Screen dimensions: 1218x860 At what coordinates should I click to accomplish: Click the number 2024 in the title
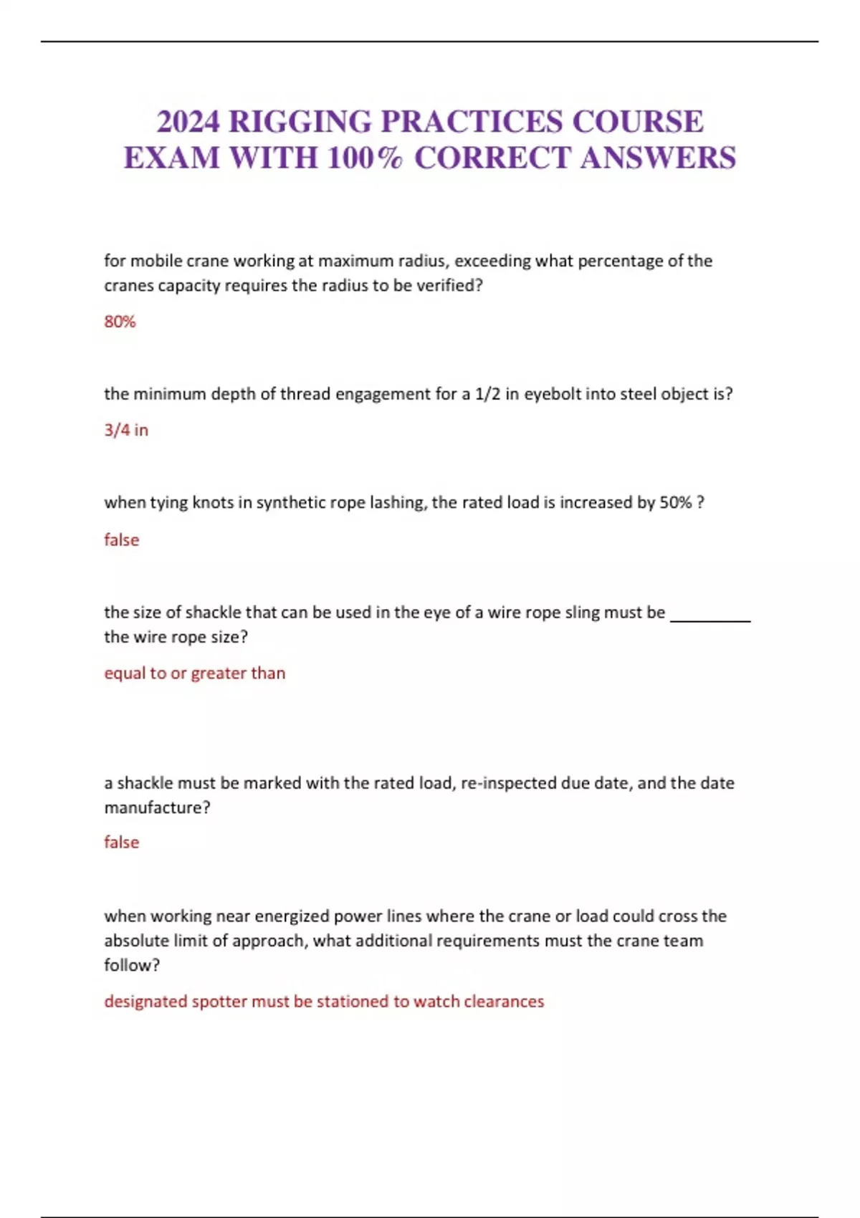pyautogui.click(x=188, y=122)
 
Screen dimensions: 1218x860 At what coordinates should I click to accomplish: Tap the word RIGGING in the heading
pyautogui.click(x=300, y=122)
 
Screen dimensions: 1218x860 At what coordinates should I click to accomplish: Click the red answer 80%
pyautogui.click(x=120, y=322)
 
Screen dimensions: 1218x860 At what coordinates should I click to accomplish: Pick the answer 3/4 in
pyautogui.click(x=126, y=430)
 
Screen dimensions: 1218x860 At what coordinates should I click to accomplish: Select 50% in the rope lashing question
pyautogui.click(x=675, y=503)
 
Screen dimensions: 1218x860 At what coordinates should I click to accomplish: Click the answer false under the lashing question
pyautogui.click(x=121, y=540)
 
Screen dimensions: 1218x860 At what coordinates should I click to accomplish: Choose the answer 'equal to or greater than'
pyautogui.click(x=194, y=673)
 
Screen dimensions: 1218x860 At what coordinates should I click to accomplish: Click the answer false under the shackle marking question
pyautogui.click(x=121, y=843)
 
